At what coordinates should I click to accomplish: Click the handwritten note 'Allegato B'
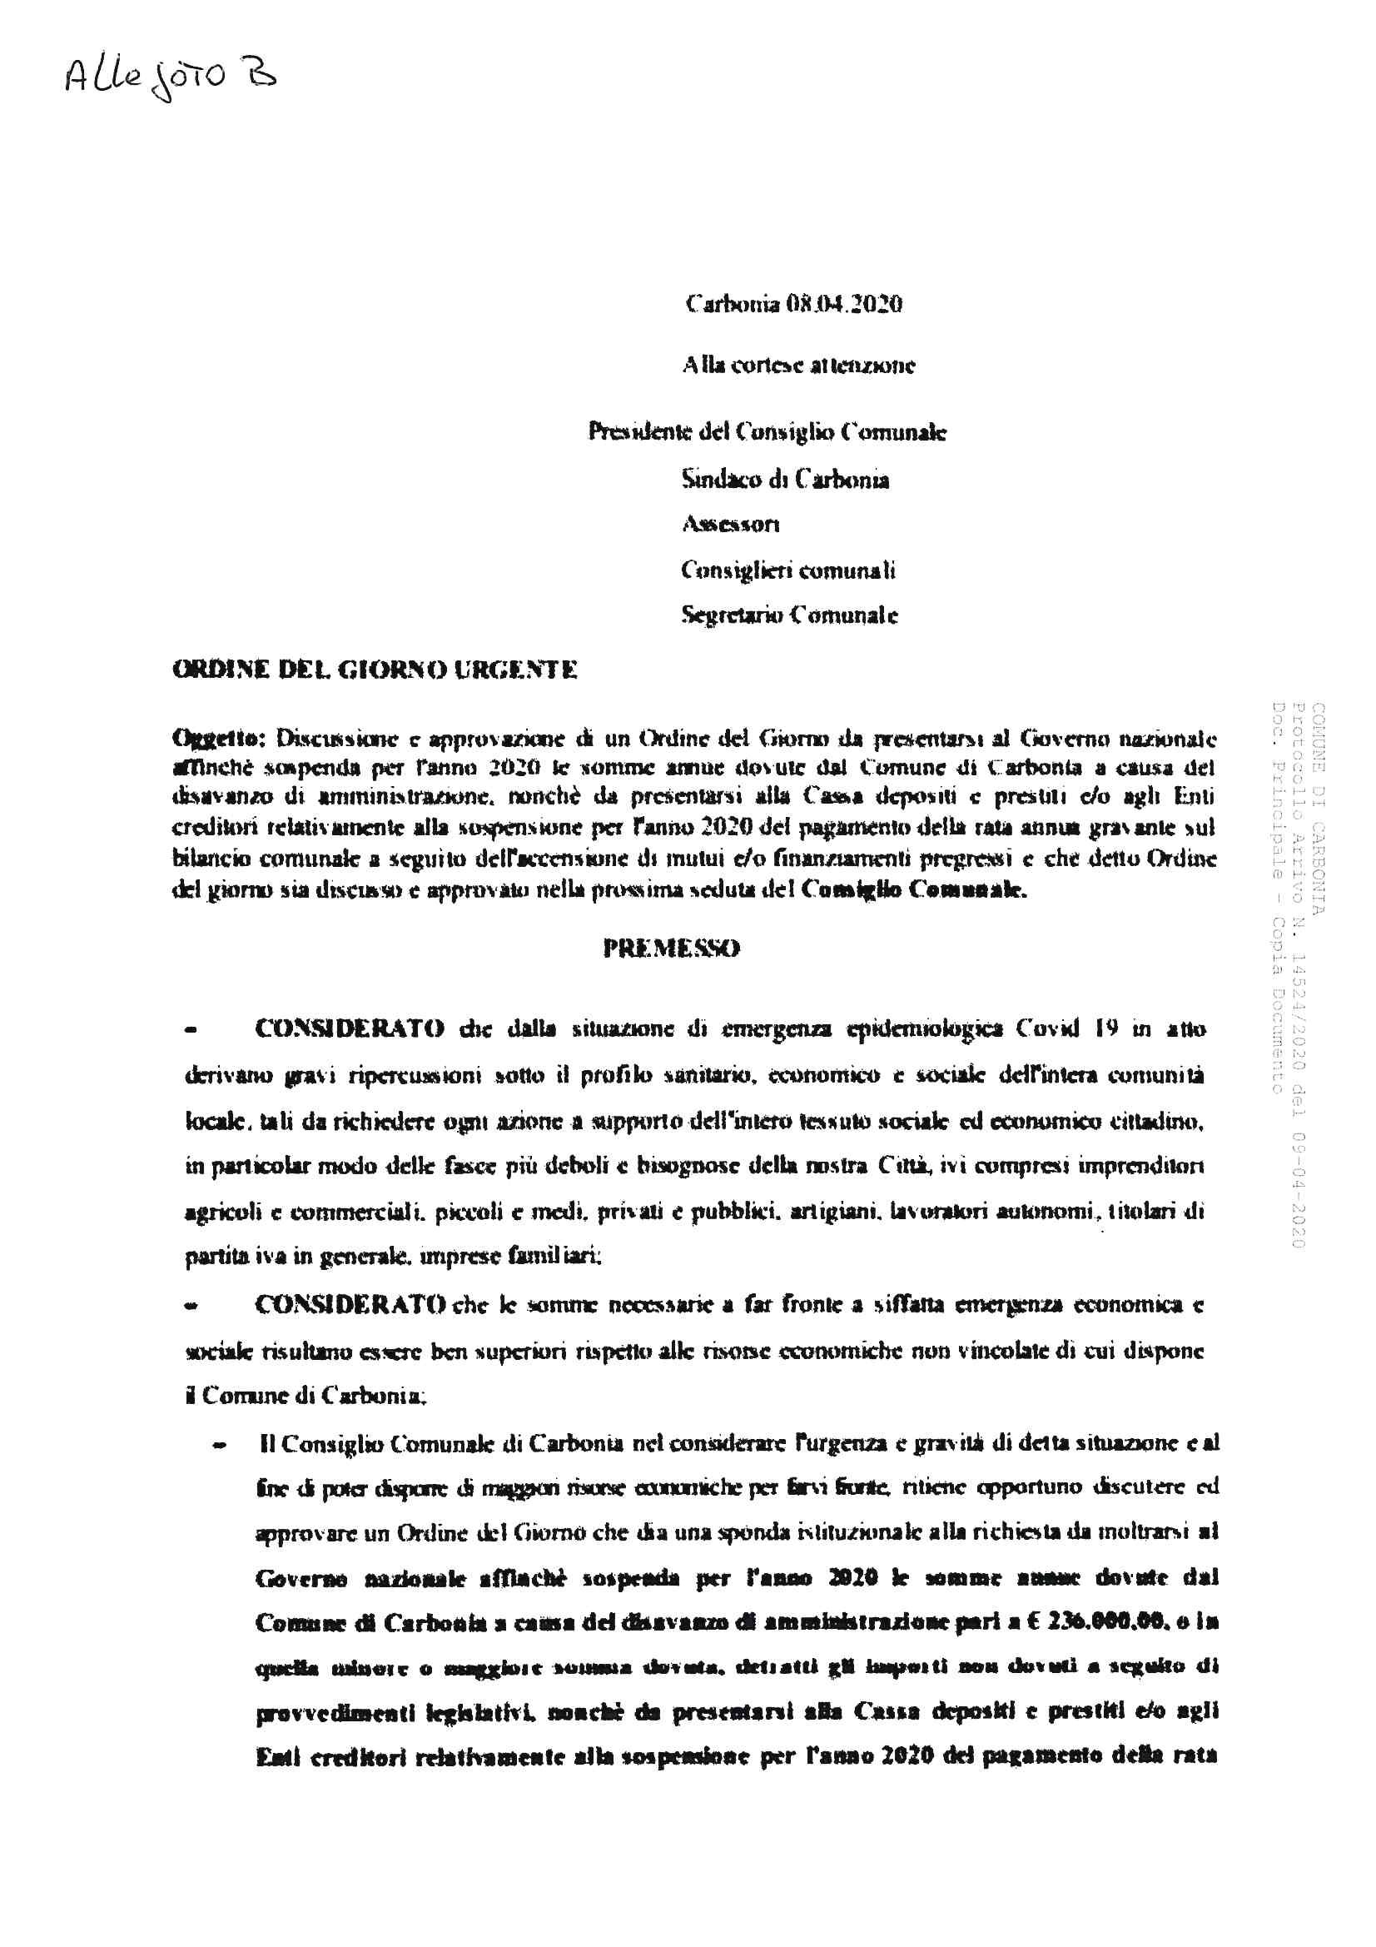pyautogui.click(x=171, y=78)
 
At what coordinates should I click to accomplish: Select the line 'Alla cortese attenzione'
pyautogui.click(x=798, y=366)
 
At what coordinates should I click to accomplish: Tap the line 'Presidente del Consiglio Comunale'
pyautogui.click(x=767, y=432)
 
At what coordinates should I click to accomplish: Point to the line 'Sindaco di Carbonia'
pyautogui.click(x=785, y=480)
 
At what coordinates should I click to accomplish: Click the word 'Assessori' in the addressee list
pyautogui.click(x=730, y=525)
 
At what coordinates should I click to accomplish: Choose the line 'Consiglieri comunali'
pyautogui.click(x=787, y=570)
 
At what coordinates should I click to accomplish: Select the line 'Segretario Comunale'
pyautogui.click(x=789, y=615)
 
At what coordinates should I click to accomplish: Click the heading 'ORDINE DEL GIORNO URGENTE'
pyautogui.click(x=375, y=670)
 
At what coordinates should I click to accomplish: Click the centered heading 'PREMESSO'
pyautogui.click(x=672, y=948)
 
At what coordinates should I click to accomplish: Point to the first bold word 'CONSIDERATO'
pyautogui.click(x=350, y=1029)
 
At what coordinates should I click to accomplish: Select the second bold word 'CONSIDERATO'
pyautogui.click(x=350, y=1304)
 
